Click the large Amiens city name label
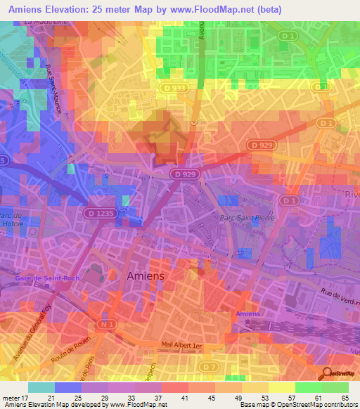[146, 276]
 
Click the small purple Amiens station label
[247, 313]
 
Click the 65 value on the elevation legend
[344, 398]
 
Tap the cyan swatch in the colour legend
[41, 387]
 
